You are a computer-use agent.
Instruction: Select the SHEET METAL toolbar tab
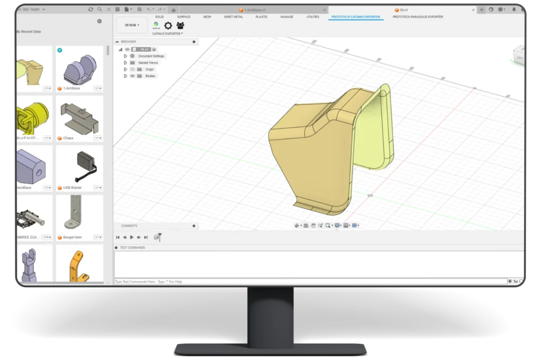[233, 17]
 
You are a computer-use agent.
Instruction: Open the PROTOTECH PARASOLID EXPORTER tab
[418, 17]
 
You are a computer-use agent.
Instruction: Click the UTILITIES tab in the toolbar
[313, 17]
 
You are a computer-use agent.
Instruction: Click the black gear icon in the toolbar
[168, 25]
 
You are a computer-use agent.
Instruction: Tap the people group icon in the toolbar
[180, 25]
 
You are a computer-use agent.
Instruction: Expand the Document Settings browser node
[126, 56]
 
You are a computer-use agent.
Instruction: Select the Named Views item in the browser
[148, 63]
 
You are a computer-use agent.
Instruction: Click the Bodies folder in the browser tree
[150, 76]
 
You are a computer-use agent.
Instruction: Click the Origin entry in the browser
[150, 69]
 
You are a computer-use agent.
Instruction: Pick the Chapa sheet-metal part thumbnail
[80, 117]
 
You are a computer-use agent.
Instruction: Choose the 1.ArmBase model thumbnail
[80, 67]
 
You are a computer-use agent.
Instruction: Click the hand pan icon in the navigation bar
[313, 226]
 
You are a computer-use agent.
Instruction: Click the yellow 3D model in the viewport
[316, 158]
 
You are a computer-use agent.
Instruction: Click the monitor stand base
[271, 348]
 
